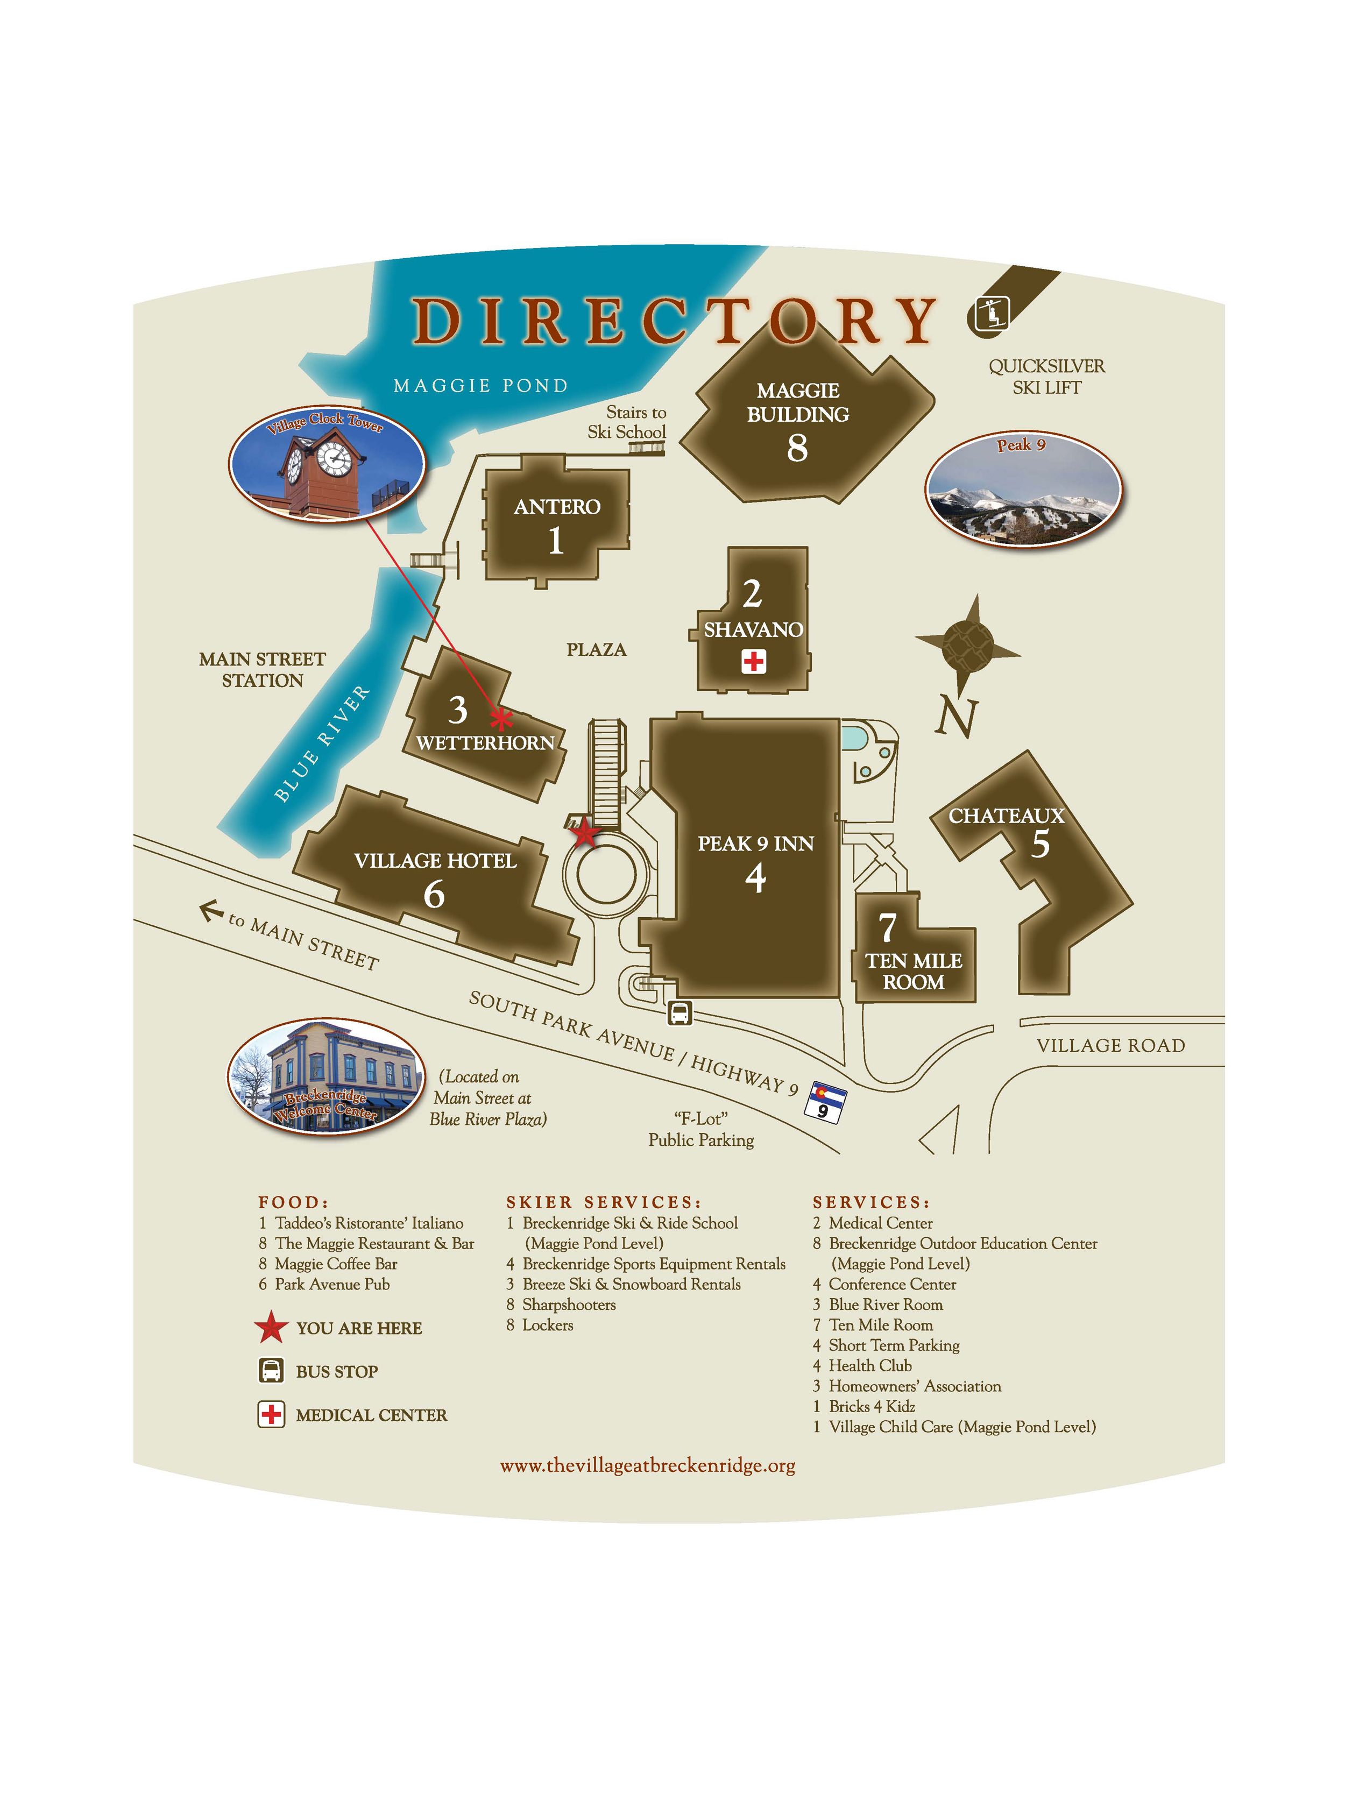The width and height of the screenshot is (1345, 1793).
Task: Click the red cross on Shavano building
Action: [753, 662]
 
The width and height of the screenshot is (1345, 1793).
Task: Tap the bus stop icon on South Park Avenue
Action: [679, 1012]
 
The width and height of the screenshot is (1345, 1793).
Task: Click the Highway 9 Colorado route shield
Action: [825, 1102]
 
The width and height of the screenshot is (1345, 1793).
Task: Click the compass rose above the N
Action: [968, 644]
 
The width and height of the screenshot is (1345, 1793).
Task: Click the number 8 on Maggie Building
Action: [797, 448]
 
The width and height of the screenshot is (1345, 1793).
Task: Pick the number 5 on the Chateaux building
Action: [1040, 845]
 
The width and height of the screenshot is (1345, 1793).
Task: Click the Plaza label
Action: [596, 649]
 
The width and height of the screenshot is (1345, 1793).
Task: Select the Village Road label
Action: [1110, 1046]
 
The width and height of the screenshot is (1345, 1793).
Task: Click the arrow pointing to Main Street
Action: [211, 911]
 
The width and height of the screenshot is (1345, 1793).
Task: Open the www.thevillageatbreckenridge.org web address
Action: [647, 1465]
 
